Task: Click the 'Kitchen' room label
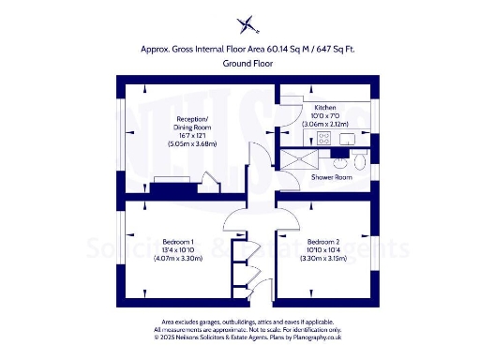point(324,108)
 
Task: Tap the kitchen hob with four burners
point(325,139)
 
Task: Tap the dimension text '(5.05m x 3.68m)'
point(193,144)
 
